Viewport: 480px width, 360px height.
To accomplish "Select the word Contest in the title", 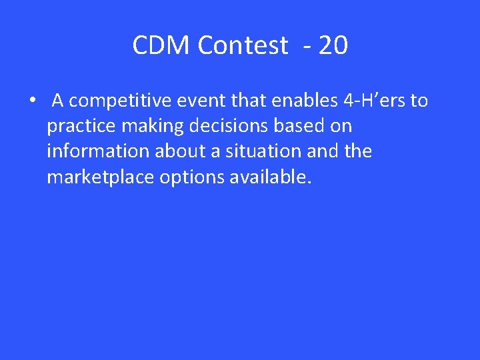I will click(243, 46).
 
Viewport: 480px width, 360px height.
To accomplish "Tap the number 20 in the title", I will click(333, 46).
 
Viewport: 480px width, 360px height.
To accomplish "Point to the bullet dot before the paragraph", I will click(31, 101).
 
